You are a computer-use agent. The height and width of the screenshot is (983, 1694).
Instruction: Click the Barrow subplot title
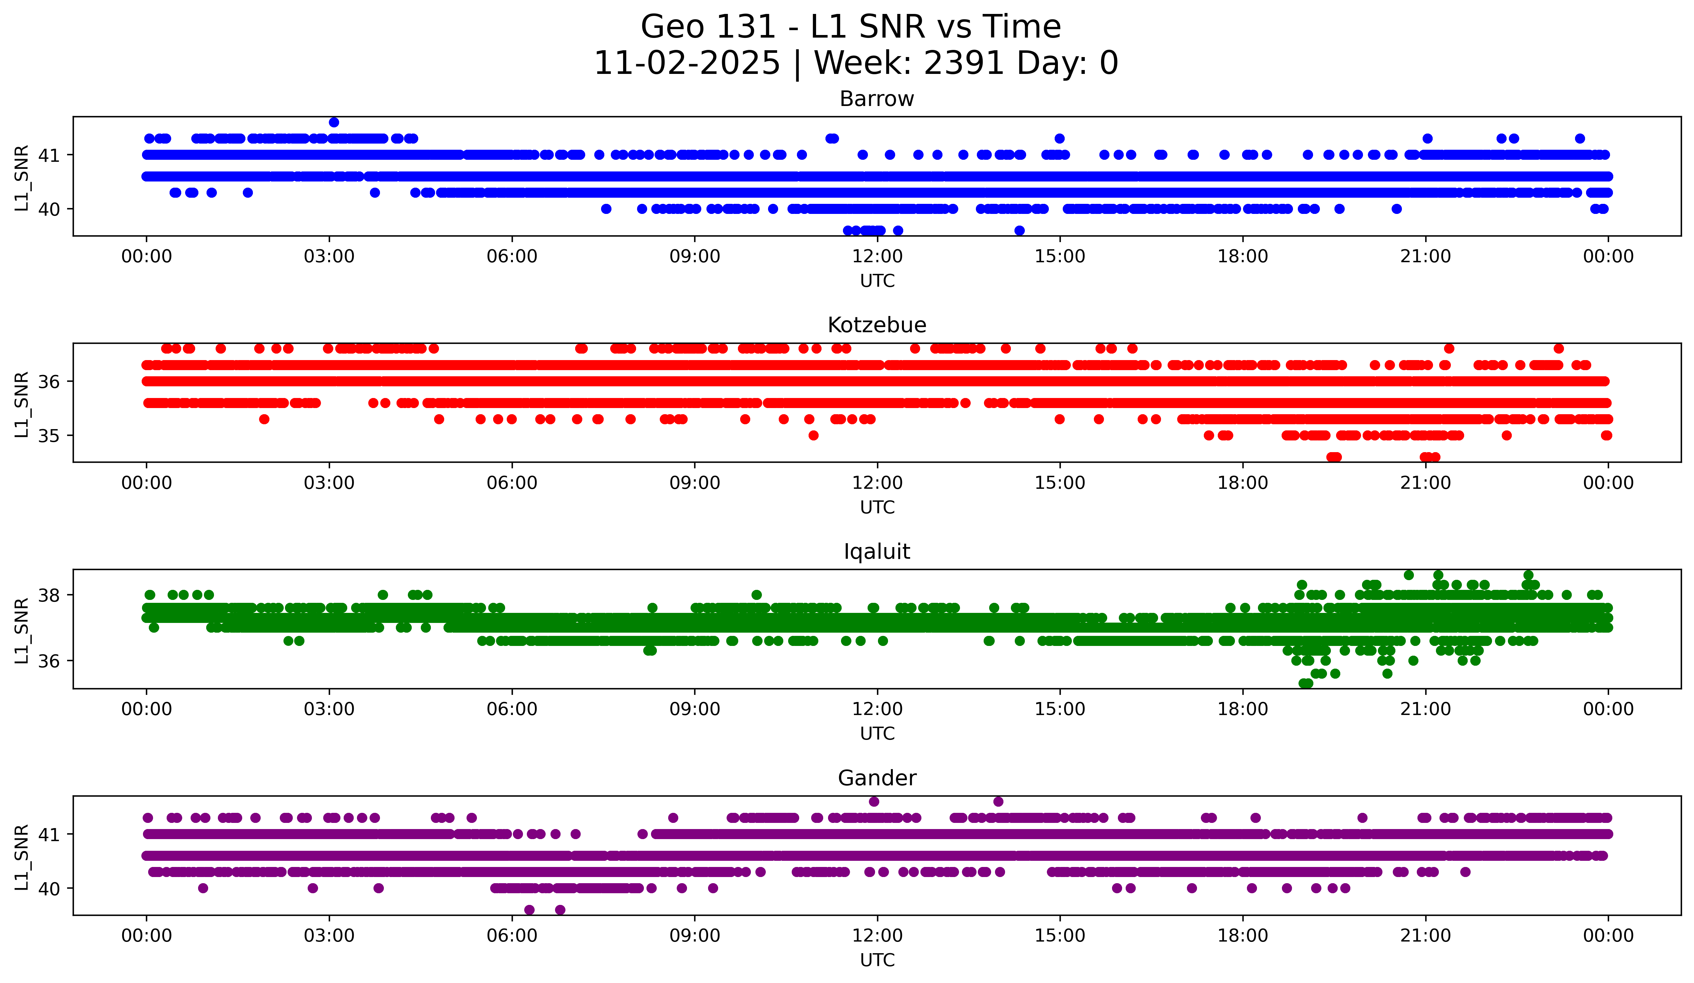877,99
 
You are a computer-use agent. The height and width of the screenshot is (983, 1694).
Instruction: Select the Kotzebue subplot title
877,325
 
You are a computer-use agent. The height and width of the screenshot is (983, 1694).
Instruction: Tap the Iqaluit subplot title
877,552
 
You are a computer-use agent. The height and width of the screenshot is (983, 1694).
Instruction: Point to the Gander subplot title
877,778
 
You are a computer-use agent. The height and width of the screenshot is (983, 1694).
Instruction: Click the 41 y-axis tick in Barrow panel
48,155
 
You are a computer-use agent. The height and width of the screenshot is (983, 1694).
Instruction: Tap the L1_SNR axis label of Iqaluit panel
21,630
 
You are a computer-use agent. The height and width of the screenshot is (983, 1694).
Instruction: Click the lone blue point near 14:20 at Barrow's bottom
1019,230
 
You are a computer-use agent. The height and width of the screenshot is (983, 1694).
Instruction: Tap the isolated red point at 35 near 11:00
813,435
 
